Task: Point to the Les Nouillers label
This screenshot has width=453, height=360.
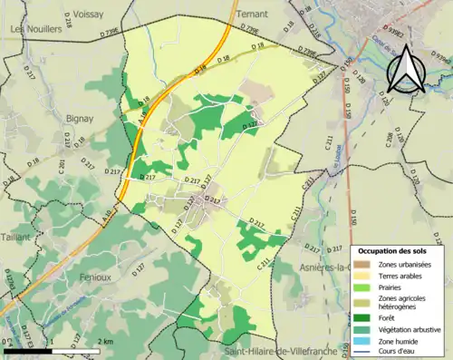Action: [35, 29]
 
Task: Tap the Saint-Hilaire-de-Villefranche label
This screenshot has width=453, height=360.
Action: [284, 351]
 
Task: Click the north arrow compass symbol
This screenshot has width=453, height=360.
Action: [404, 64]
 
